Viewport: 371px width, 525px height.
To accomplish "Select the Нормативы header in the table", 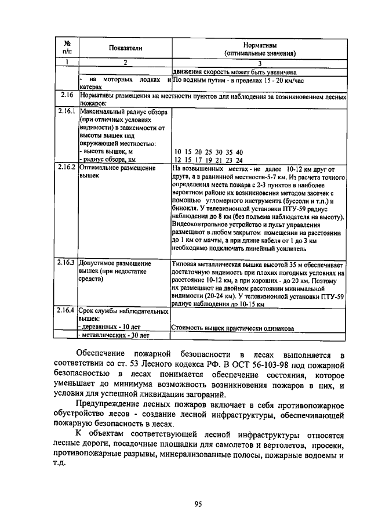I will click(260, 44).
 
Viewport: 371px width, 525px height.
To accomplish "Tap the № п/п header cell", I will click(67, 49).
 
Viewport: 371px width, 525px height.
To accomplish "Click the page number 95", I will click(197, 504).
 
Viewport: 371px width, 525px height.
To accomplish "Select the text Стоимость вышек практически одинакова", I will click(232, 328).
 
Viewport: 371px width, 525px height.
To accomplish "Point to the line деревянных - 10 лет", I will click(108, 327).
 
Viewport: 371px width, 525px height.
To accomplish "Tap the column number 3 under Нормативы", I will click(260, 63).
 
